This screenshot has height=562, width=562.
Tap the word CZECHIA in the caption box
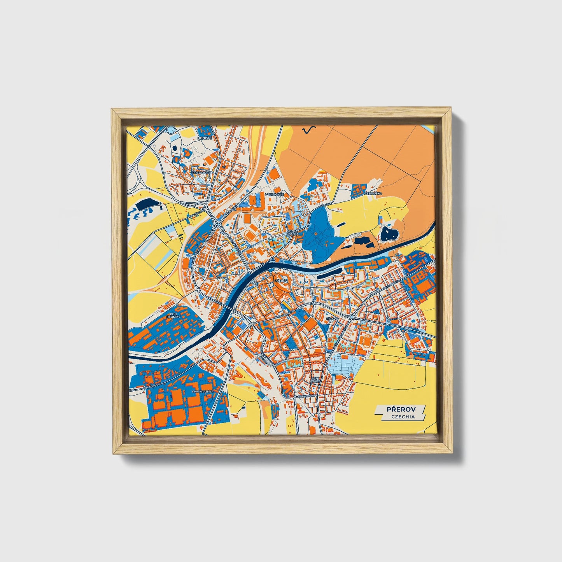click(x=403, y=417)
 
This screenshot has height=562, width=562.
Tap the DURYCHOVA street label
click(x=306, y=396)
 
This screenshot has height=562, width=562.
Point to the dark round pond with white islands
click(x=389, y=234)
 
